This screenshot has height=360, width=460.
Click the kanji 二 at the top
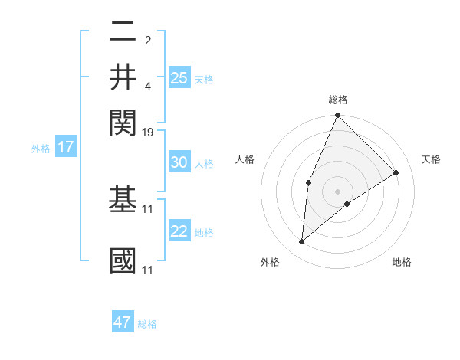point(123,33)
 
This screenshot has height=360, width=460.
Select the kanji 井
point(123,77)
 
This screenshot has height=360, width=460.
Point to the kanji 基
point(123,199)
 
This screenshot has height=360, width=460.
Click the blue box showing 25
point(179,78)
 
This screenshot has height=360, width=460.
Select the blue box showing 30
point(179,162)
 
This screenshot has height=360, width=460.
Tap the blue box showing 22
point(179,231)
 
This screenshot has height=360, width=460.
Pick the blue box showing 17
point(65,147)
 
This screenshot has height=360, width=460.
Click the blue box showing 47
point(123,322)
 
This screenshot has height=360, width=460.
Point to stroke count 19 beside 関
point(148,133)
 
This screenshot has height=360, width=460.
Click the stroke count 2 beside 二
point(148,41)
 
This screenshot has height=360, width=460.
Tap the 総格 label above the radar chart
point(337,100)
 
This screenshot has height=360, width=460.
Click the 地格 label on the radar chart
point(402,262)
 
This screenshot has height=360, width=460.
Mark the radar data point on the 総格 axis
point(337,116)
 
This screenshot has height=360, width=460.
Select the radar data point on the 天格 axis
point(396,172)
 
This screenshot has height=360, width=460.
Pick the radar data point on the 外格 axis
point(302,241)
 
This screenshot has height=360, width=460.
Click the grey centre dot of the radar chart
point(337,191)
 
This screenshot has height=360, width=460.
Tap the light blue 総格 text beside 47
point(147,324)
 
